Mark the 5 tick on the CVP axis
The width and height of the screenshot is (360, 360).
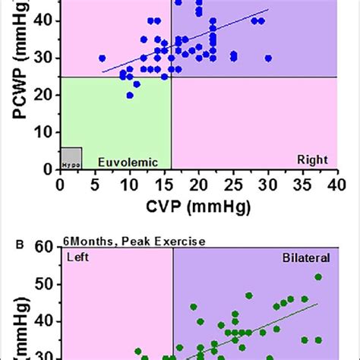pos(95,185)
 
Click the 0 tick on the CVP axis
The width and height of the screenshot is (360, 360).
pos(60,185)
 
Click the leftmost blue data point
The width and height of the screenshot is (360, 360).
pos(102,58)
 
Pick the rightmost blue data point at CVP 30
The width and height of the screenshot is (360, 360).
pos(268,58)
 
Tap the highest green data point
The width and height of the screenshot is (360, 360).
pos(318,277)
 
